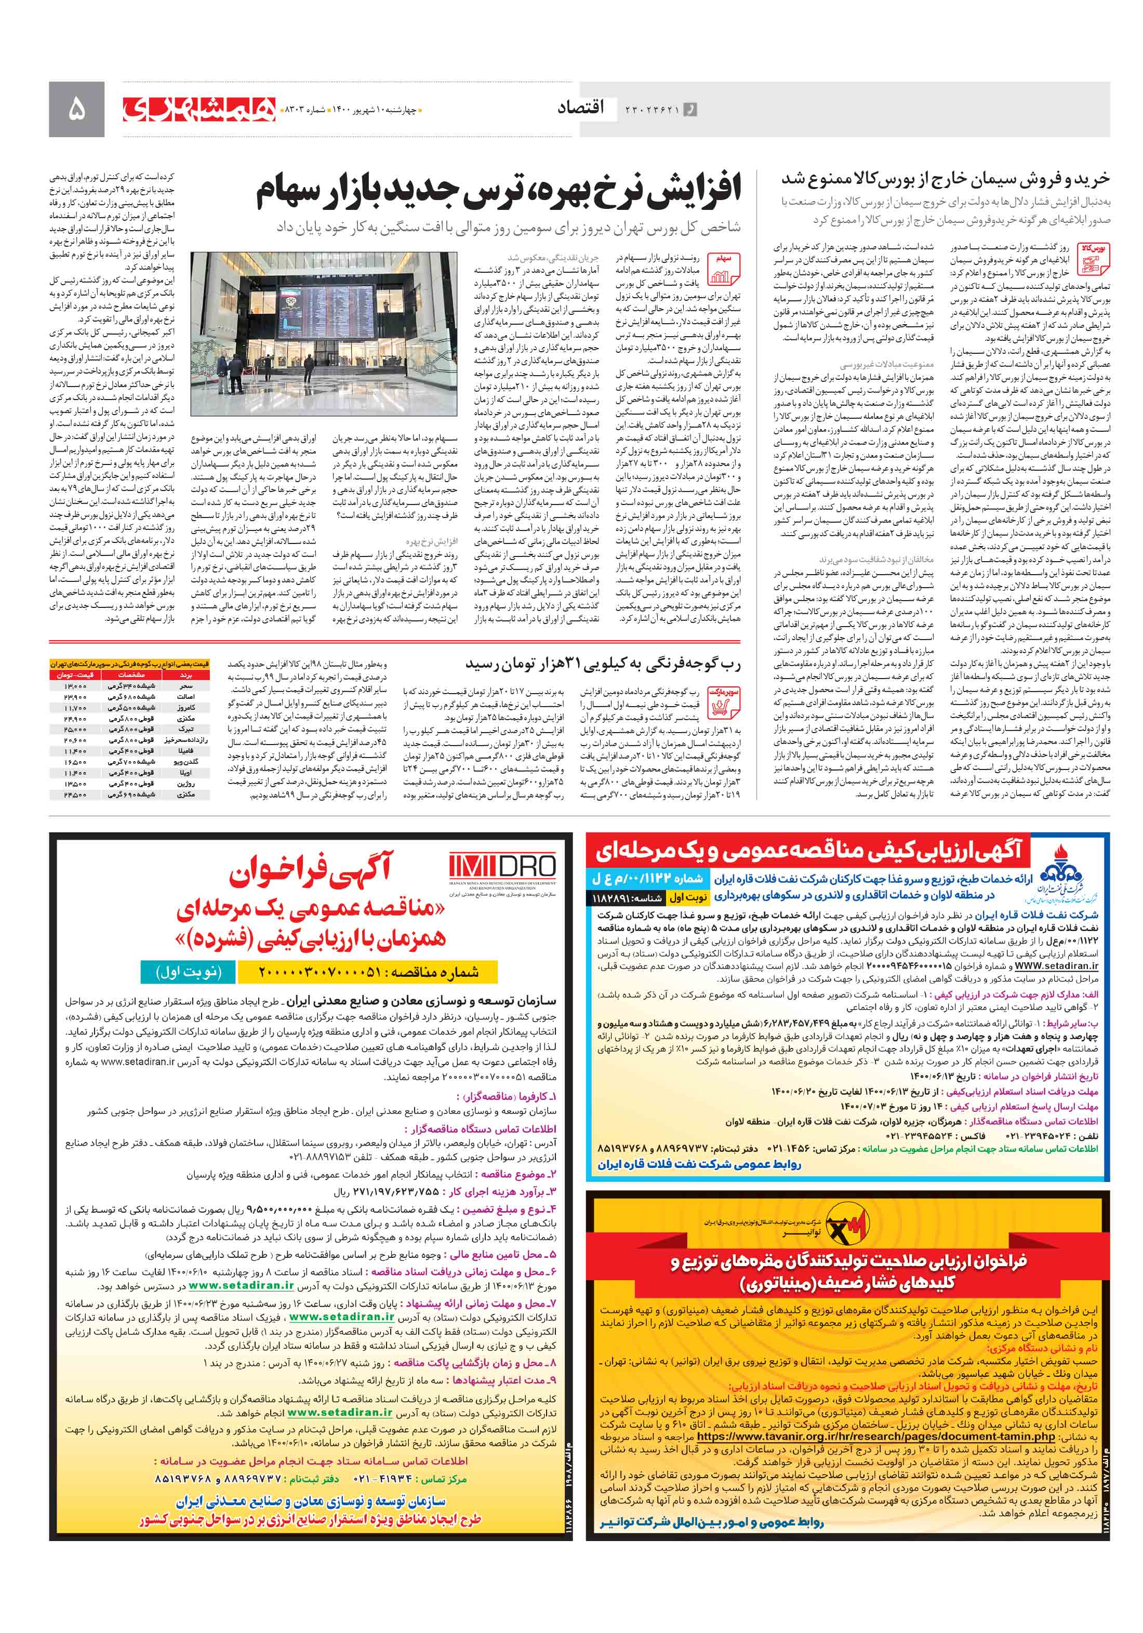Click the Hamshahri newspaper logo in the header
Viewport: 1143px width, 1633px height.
pyautogui.click(x=199, y=109)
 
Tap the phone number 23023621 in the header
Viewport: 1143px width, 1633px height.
pyautogui.click(x=652, y=110)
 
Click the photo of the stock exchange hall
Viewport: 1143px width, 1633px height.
pyautogui.click(x=324, y=334)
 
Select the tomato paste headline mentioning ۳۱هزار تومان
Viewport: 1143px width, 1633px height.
pyautogui.click(x=603, y=665)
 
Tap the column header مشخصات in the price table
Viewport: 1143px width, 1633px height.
pyautogui.click(x=131, y=675)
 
